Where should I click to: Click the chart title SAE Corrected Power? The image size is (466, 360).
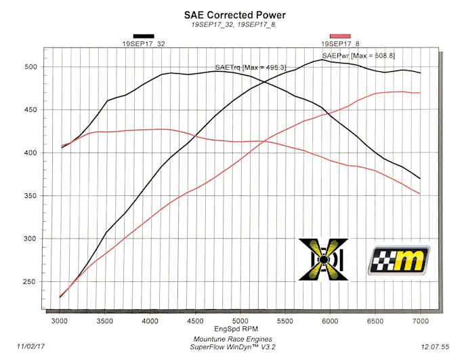(x=235, y=14)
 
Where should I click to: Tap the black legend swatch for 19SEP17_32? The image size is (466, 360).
(x=144, y=36)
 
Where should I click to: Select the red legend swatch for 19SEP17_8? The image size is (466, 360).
(x=339, y=36)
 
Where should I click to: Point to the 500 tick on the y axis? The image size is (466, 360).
(x=30, y=66)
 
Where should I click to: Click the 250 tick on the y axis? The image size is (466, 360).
(x=30, y=282)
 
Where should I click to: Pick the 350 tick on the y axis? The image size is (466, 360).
(x=30, y=196)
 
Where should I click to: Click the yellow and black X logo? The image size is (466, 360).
(x=324, y=259)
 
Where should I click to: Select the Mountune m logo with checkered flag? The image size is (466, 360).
(x=399, y=260)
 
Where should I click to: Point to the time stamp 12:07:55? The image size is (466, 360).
(x=436, y=345)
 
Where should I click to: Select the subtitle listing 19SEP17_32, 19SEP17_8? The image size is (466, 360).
(x=234, y=24)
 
